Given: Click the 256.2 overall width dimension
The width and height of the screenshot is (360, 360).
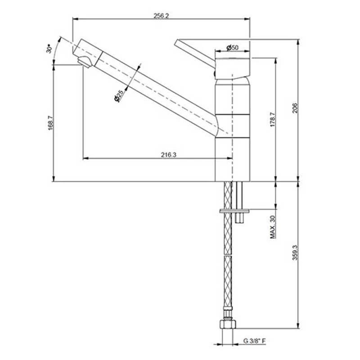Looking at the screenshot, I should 161,16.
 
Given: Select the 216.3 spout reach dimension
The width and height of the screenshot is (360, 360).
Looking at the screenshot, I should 168,155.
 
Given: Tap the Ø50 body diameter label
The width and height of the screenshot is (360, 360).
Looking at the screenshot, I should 232,47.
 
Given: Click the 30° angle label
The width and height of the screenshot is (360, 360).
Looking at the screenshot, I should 49,48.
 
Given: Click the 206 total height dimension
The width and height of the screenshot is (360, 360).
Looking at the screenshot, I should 295,108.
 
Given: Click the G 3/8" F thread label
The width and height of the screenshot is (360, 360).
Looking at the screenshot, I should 255,341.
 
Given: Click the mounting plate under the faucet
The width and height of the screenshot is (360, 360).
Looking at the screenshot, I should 235,210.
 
